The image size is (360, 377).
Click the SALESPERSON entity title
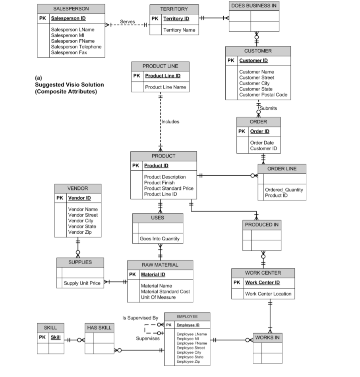(71, 8)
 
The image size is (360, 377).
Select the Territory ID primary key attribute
(176, 19)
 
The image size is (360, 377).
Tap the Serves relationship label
(128, 21)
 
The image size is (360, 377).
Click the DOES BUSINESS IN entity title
(254, 6)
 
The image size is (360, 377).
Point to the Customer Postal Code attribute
(263, 95)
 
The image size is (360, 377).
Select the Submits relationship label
(269, 108)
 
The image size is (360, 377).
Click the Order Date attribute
(262, 143)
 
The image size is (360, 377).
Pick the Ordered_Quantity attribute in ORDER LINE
(284, 190)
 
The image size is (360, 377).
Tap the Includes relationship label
(170, 121)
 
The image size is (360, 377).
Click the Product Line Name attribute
(165, 87)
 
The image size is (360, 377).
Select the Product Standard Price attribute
(168, 188)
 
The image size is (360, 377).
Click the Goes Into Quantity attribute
(159, 239)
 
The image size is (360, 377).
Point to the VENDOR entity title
(77, 188)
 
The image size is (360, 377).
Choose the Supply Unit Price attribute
(82, 283)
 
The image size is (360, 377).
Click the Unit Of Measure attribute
(158, 297)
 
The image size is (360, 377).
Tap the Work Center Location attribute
(268, 294)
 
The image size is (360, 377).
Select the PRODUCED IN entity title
(261, 225)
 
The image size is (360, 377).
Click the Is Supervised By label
(140, 318)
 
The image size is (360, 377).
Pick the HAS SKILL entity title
(99, 328)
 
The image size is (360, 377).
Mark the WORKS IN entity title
(267, 337)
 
